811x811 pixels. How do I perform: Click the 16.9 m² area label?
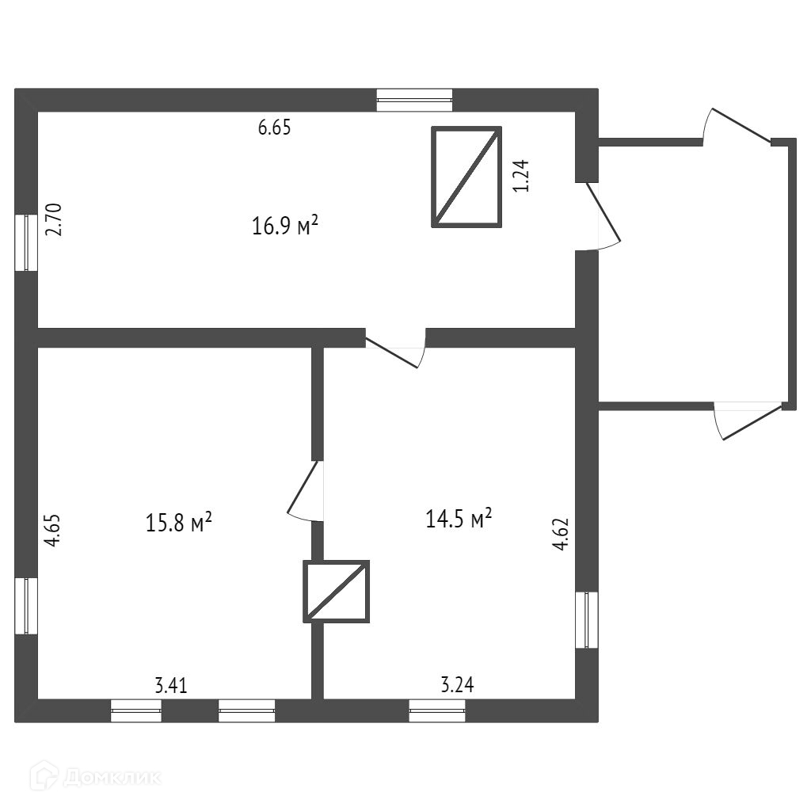click(285, 227)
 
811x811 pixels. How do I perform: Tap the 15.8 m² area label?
click(179, 522)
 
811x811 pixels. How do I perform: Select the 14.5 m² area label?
click(459, 519)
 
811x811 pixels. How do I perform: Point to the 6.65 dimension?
click(275, 128)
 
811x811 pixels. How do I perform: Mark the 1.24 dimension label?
click(520, 176)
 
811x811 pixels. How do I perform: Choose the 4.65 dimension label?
click(52, 531)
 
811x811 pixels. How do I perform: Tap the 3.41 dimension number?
click(171, 686)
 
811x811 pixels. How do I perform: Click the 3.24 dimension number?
click(456, 686)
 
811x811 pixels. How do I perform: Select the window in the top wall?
click(414, 100)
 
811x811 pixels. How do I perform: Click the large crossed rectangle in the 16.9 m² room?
click(467, 177)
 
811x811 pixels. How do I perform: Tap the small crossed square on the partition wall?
click(337, 591)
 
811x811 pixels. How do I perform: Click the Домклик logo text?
click(111, 777)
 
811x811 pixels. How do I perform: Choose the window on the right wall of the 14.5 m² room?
click(587, 619)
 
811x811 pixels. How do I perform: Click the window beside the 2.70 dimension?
click(26, 242)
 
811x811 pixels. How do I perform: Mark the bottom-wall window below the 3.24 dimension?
click(437, 710)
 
